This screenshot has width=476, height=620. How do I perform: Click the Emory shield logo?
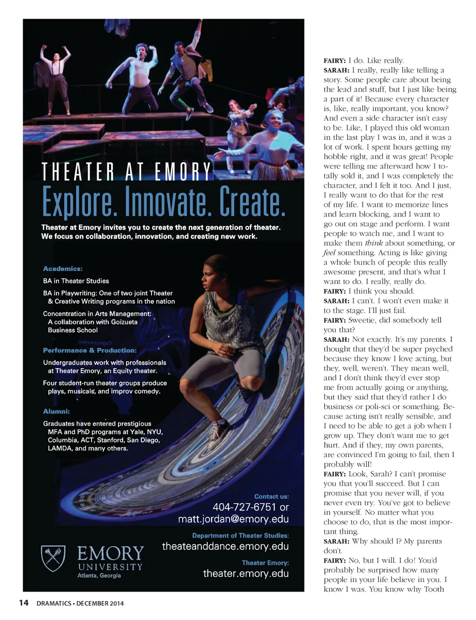[x=53, y=558]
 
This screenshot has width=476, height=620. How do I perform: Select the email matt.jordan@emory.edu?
[x=233, y=519]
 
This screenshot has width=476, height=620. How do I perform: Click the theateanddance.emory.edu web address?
[x=225, y=547]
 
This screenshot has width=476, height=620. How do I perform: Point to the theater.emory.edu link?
[x=246, y=574]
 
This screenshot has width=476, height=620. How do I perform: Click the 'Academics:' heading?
[x=63, y=269]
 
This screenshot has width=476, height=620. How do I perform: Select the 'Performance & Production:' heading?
[x=90, y=350]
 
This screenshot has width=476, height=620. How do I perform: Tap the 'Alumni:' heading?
[x=56, y=411]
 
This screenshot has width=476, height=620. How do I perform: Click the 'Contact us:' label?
[x=271, y=496]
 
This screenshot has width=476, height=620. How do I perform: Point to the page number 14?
[x=23, y=603]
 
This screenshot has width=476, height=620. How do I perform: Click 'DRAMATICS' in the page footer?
[x=54, y=603]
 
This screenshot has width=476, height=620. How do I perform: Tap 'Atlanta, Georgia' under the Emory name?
[x=99, y=575]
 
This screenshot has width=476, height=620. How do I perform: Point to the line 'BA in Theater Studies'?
[x=76, y=281]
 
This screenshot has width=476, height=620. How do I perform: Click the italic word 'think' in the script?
[x=374, y=243]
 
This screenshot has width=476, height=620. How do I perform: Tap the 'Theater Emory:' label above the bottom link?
[x=265, y=563]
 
